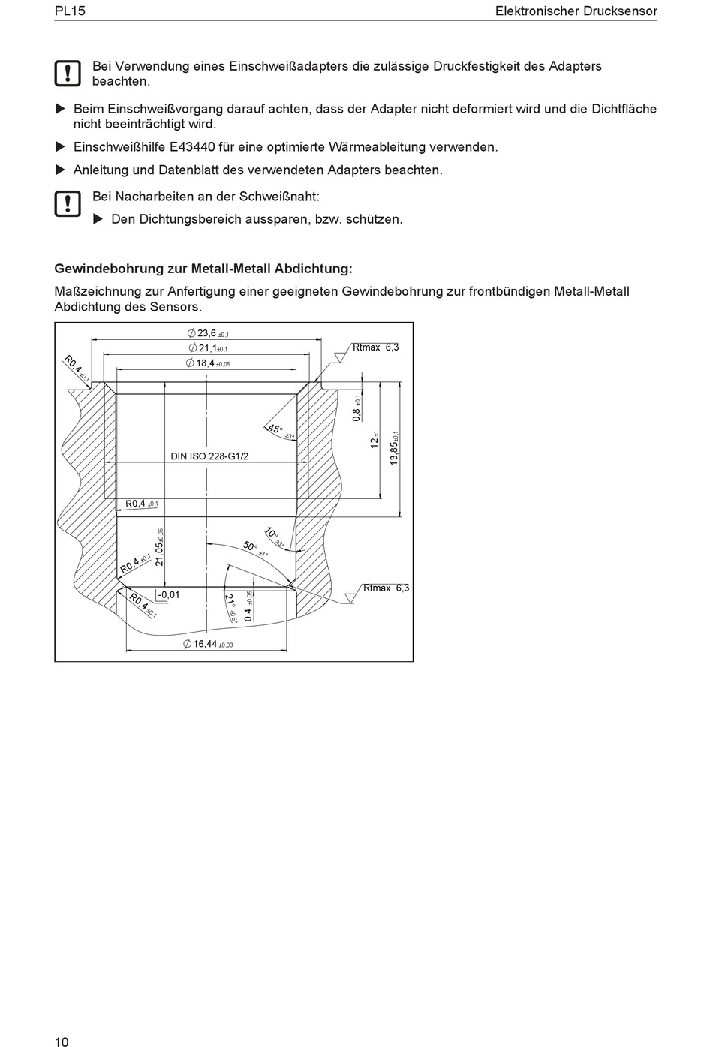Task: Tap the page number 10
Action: click(62, 1041)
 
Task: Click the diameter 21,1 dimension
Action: click(208, 348)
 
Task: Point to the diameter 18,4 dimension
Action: click(208, 363)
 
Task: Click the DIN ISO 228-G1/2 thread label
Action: click(209, 456)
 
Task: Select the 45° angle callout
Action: click(276, 430)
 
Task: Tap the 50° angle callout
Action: click(252, 548)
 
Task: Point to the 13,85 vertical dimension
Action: click(395, 448)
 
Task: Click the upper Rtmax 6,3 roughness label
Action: click(375, 347)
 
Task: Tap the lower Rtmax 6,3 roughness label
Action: click(386, 588)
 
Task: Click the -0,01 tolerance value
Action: click(168, 595)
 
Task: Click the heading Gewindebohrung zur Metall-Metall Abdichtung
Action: click(203, 269)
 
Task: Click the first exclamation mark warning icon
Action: click(68, 73)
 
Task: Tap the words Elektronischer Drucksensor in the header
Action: click(576, 11)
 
